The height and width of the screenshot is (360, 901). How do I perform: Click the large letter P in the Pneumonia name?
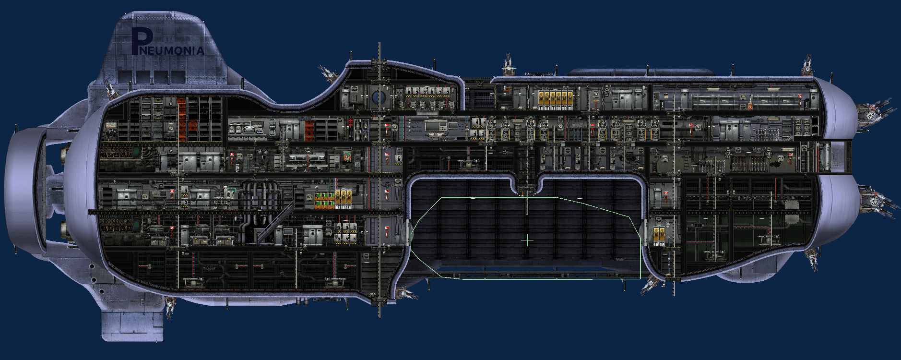[141, 41]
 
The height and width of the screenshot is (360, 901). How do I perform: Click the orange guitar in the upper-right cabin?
[748, 103]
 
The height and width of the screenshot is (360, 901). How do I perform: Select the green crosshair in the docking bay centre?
[527, 240]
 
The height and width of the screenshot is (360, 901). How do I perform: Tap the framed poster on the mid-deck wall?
[347, 156]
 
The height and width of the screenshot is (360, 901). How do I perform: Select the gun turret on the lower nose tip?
[877, 201]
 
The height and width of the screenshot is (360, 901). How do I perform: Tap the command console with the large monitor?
[436, 127]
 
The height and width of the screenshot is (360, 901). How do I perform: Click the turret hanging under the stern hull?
[170, 306]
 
